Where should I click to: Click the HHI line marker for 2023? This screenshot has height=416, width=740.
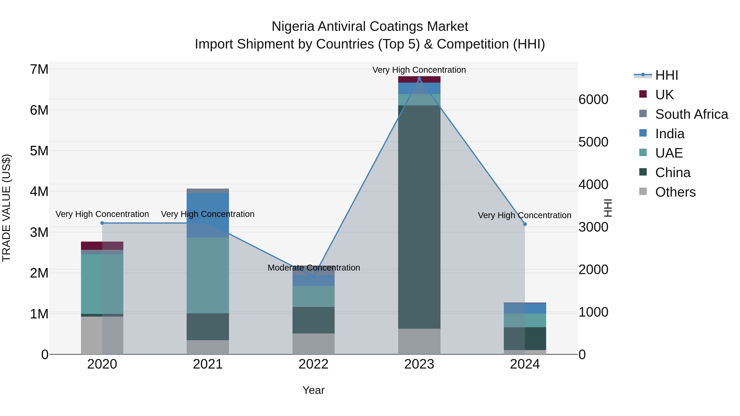tap(419, 79)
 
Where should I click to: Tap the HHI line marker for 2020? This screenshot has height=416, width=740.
tap(102, 223)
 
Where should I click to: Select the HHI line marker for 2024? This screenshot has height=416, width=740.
tap(525, 224)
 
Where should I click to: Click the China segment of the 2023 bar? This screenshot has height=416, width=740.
tap(419, 217)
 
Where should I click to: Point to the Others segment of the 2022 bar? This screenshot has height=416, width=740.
tap(313, 344)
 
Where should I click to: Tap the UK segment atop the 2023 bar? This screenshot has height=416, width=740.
tap(419, 80)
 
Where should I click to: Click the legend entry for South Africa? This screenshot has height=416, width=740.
tap(691, 114)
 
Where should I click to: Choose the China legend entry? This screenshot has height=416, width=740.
tap(673, 173)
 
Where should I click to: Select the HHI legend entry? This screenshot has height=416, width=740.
tap(666, 75)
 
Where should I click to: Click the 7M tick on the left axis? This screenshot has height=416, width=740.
tap(39, 69)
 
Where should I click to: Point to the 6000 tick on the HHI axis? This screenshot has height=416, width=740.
tap(593, 100)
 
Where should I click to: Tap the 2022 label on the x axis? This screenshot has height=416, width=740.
tap(313, 364)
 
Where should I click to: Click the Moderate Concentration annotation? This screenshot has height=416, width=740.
tap(313, 267)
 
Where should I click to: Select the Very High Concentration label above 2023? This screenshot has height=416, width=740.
tap(419, 70)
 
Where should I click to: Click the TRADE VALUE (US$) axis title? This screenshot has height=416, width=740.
tap(7, 208)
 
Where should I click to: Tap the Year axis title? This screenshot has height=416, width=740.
tap(313, 390)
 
